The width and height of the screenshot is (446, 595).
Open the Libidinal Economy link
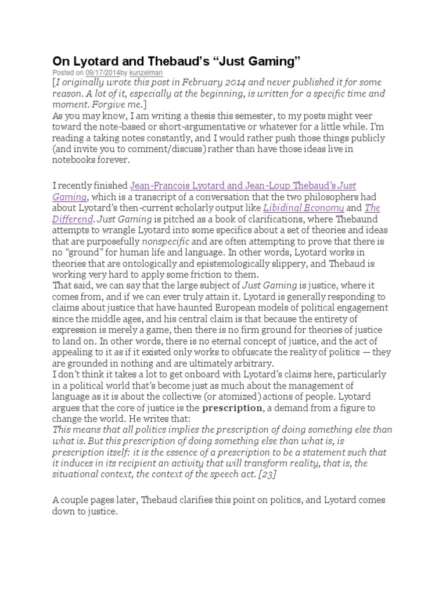[x=304, y=208]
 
